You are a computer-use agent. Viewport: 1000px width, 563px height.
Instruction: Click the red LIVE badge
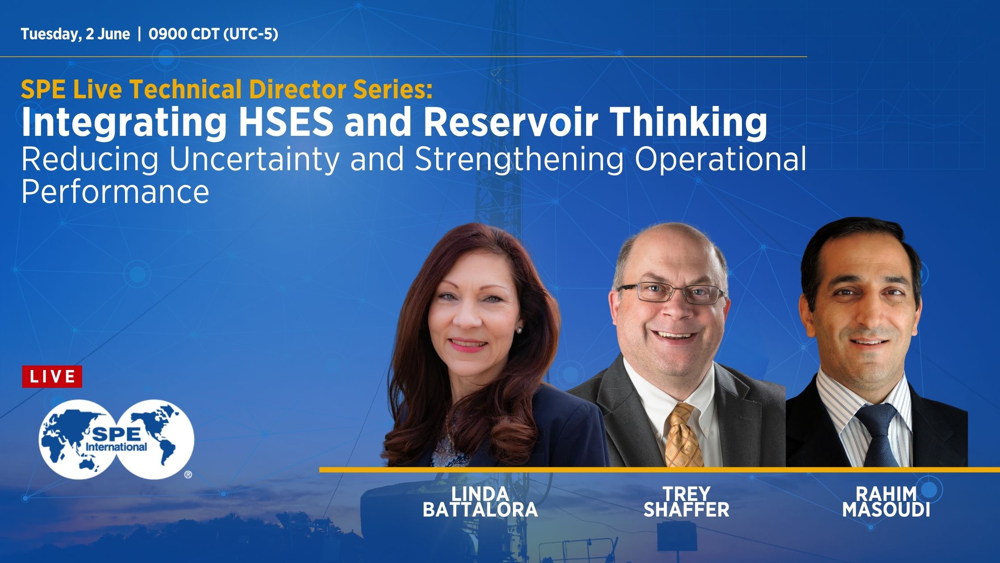[52, 376]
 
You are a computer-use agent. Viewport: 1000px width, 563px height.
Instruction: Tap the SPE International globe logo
[117, 439]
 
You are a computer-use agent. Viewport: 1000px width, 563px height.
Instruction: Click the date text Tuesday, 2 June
[75, 34]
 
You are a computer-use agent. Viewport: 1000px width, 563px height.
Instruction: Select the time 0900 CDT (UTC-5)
[213, 34]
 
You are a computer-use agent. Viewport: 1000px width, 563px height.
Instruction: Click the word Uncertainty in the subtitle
[254, 160]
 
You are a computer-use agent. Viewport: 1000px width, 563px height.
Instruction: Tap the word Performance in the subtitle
[115, 191]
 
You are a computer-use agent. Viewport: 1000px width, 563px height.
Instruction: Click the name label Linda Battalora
[480, 501]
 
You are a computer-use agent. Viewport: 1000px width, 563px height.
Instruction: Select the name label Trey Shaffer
[686, 501]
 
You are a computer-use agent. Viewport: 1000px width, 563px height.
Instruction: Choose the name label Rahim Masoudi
[886, 501]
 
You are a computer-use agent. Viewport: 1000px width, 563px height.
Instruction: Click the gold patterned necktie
[683, 436]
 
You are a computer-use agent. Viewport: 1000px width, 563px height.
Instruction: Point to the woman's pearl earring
[519, 330]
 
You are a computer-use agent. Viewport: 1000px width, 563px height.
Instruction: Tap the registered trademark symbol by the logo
[188, 475]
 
